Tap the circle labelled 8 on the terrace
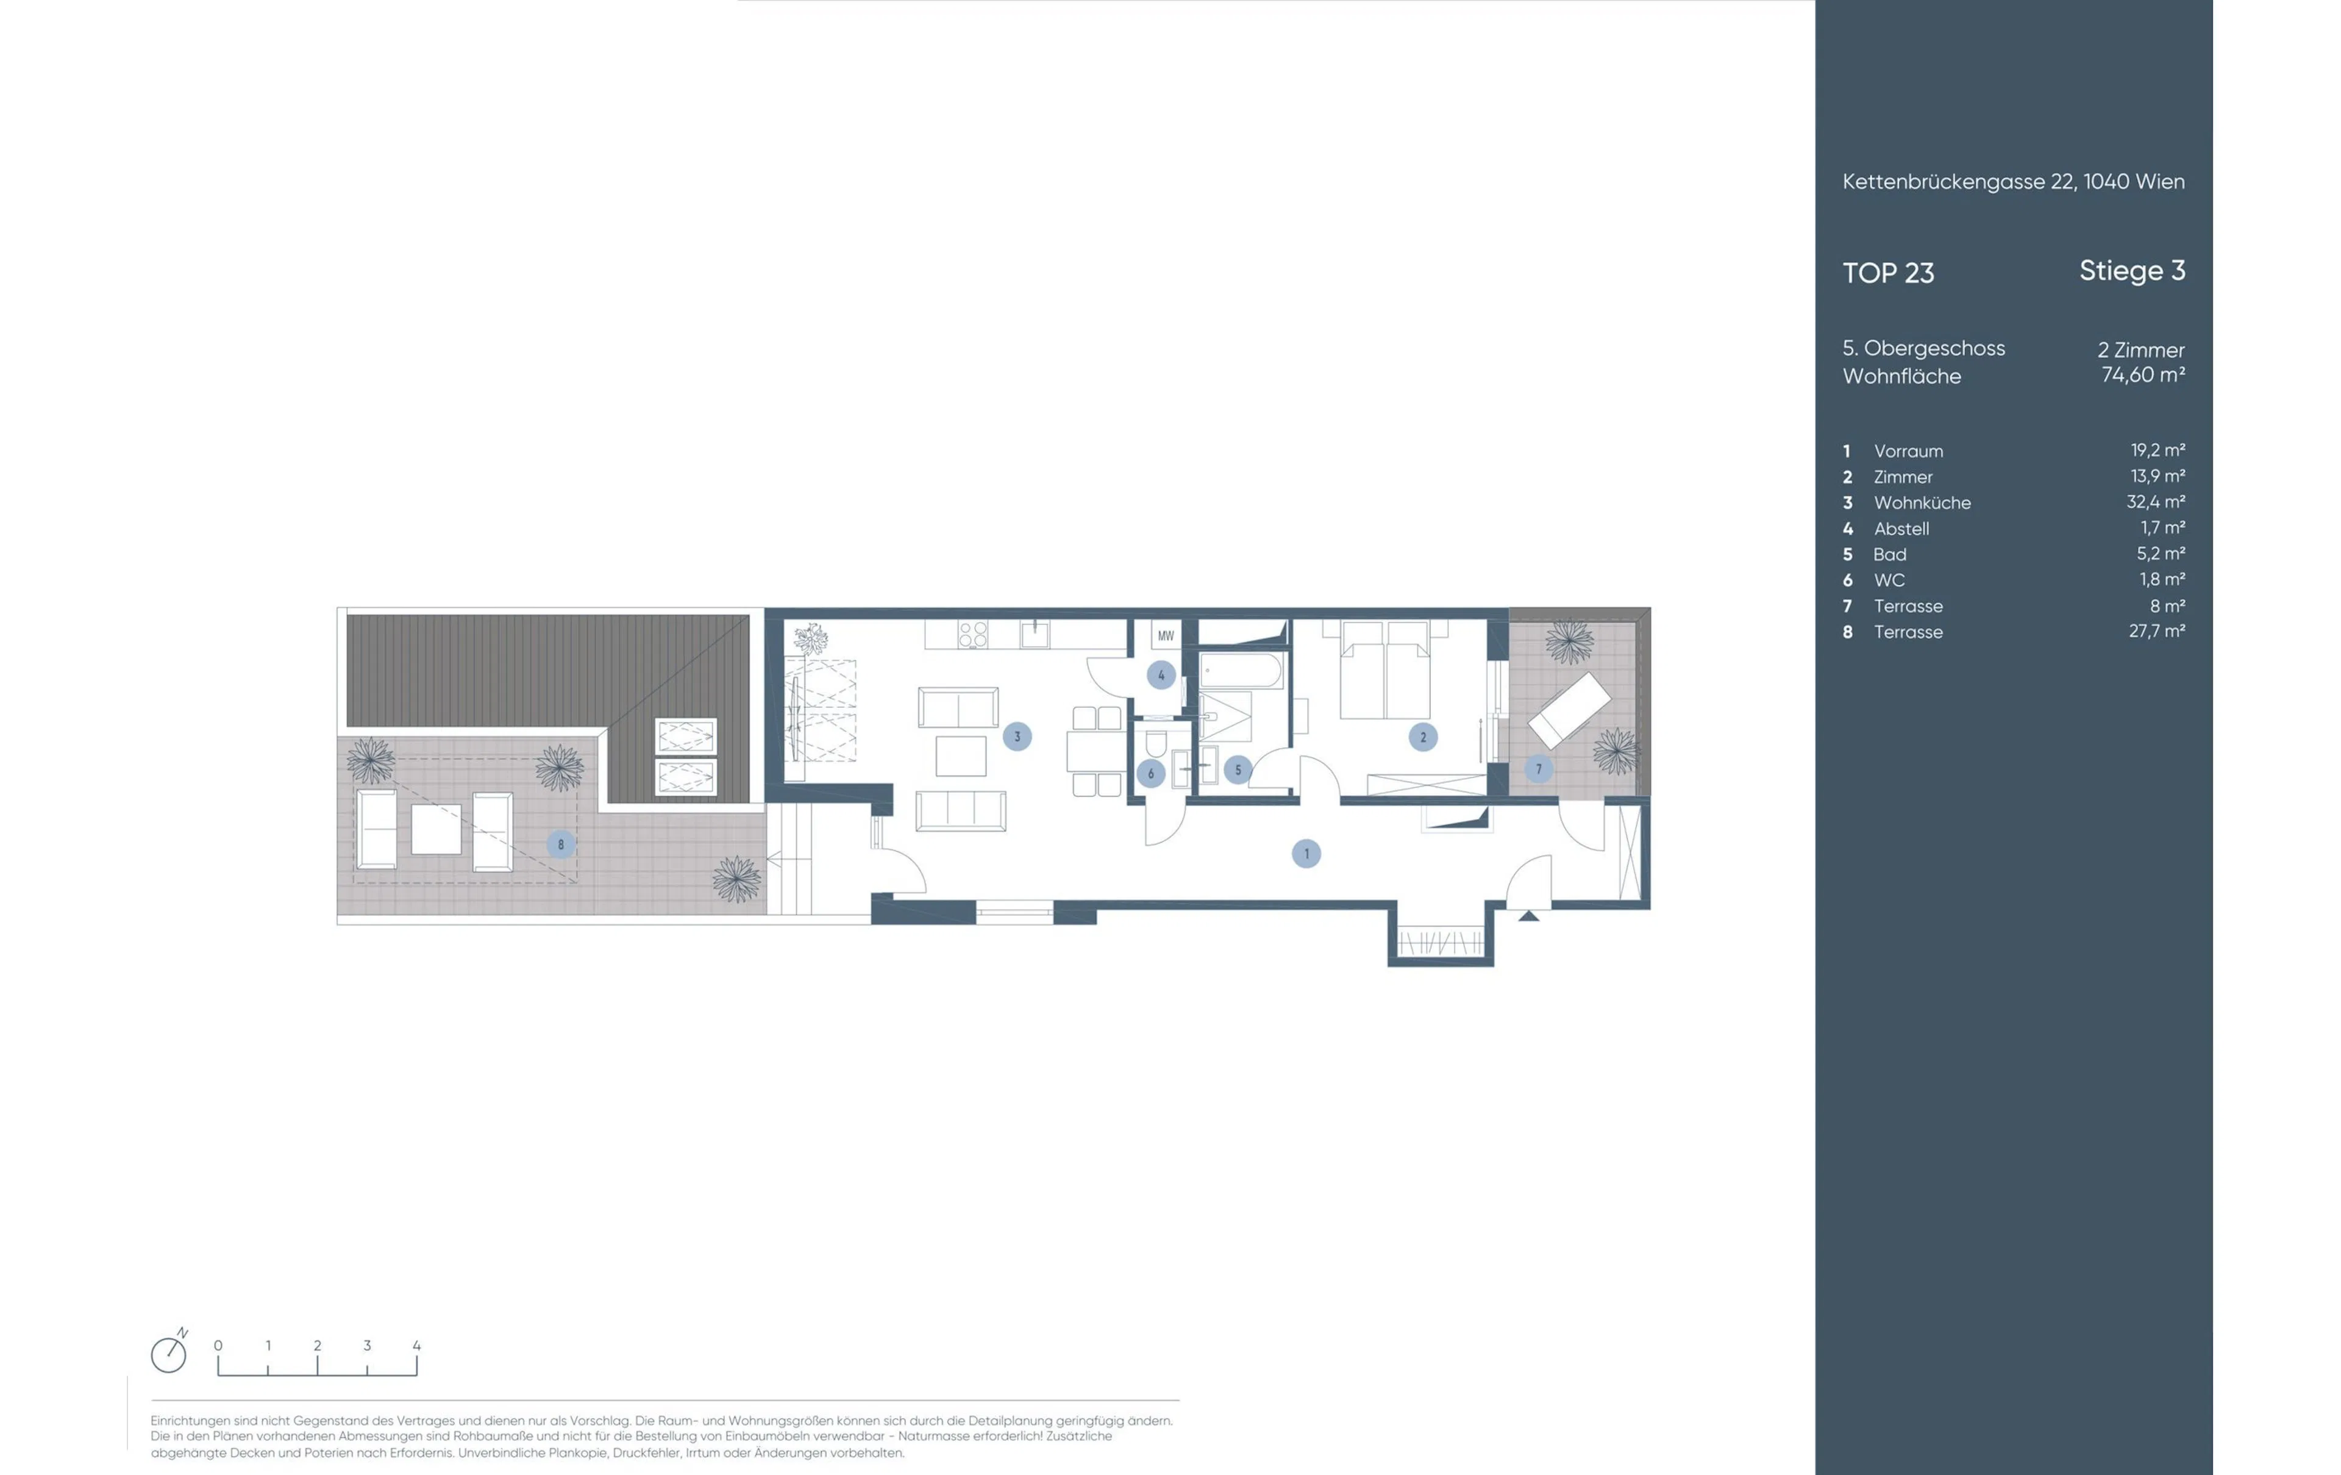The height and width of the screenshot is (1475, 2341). (561, 844)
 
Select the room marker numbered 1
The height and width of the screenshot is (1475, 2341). (1306, 854)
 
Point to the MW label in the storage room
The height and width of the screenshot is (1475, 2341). (1166, 636)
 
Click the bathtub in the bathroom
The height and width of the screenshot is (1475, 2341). (1241, 671)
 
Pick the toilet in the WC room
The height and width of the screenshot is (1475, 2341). (1156, 744)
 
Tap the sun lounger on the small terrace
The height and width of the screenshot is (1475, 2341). (1569, 710)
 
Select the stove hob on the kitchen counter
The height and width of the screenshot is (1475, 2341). (973, 635)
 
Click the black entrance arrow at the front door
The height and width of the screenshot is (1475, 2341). (1528, 915)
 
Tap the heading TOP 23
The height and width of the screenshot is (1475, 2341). (1888, 273)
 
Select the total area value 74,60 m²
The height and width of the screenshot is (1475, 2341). (2143, 374)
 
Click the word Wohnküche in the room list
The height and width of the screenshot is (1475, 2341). (1922, 502)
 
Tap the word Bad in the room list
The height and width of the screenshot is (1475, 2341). (1890, 554)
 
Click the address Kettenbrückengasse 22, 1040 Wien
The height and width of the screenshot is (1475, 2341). (2014, 182)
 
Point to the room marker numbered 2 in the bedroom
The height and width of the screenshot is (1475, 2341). (1423, 737)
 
